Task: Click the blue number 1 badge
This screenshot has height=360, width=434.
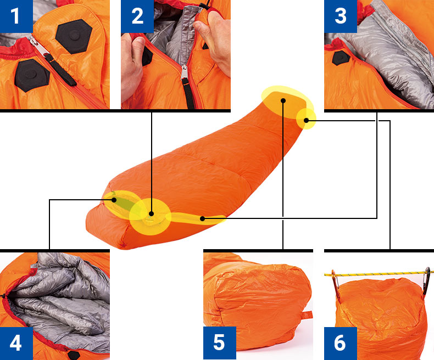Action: [x=16, y=16]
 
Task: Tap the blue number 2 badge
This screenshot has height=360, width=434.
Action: [x=137, y=16]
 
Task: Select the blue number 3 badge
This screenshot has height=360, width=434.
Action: [x=341, y=16]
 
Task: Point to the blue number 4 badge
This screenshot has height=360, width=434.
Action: [x=16, y=343]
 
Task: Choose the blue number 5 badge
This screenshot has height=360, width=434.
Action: [x=220, y=343]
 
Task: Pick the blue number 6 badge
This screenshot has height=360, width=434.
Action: [x=341, y=343]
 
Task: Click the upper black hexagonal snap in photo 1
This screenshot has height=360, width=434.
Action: [x=74, y=36]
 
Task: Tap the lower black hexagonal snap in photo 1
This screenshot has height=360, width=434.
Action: [x=32, y=75]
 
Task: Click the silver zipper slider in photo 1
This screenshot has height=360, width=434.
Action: [x=37, y=47]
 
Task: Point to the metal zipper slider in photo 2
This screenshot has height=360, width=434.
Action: [x=184, y=72]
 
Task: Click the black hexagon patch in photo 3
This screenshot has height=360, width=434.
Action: [x=341, y=58]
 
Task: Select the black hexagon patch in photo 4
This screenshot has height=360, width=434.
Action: [x=74, y=355]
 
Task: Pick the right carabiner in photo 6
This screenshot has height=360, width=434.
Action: [x=426, y=280]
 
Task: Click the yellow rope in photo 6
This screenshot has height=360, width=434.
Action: [x=379, y=275]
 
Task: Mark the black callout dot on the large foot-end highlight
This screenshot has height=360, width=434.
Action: [x=283, y=100]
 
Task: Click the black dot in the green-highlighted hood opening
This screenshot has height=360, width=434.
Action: [x=114, y=200]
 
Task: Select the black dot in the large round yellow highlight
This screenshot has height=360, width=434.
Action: [x=151, y=213]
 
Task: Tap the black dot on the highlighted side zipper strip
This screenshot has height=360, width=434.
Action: [x=202, y=218]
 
